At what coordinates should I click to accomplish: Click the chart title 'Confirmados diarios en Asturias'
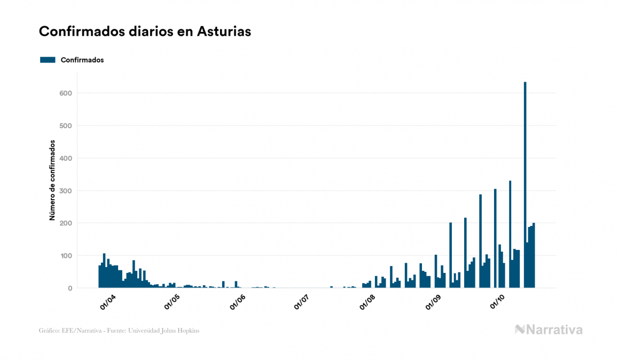pos(145,32)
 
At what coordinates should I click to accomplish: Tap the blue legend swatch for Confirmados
pos(48,60)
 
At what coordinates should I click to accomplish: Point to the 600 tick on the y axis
pos(65,93)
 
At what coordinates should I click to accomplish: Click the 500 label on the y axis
pos(65,126)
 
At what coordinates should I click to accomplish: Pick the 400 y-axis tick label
pos(65,159)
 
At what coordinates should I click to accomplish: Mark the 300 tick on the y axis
pos(65,191)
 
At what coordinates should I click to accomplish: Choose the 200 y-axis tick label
pos(65,223)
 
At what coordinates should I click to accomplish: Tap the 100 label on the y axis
pos(65,256)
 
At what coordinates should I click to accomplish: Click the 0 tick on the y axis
pos(69,288)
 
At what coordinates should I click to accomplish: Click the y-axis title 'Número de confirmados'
pos(52,181)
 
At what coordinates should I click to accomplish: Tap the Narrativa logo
pos(549,330)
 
